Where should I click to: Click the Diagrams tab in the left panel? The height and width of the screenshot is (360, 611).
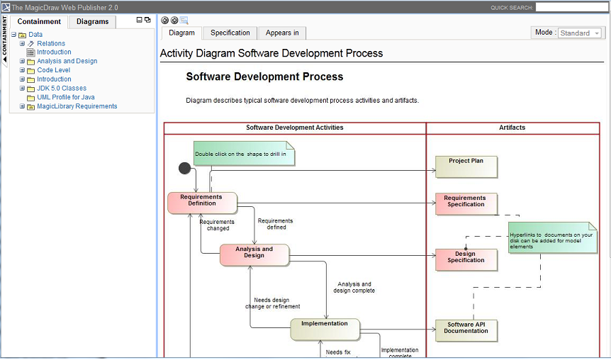click(93, 21)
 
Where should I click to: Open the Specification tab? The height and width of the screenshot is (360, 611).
click(230, 33)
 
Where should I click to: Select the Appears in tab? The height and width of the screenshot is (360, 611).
click(282, 33)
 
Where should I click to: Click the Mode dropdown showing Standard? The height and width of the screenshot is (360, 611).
click(580, 33)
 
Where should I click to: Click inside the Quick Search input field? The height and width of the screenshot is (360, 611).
click(571, 7)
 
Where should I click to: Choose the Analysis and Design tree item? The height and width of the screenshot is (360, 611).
click(67, 61)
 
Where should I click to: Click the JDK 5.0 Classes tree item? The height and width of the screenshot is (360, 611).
click(62, 89)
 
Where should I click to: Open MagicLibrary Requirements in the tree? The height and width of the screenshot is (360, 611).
click(77, 106)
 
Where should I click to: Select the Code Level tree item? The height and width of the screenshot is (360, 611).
click(54, 70)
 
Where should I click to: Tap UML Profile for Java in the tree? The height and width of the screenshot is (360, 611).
click(66, 97)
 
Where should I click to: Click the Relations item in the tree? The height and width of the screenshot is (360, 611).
click(51, 43)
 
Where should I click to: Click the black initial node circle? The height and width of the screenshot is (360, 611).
click(185, 168)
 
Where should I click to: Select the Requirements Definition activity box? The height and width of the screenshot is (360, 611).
click(201, 203)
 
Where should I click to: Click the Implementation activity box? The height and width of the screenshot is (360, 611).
click(325, 329)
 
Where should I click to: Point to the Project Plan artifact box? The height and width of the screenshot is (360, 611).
click(466, 167)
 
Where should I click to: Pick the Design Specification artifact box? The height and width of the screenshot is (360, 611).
click(466, 259)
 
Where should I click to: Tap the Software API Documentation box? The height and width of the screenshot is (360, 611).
click(466, 330)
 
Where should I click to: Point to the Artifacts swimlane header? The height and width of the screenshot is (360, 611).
click(512, 128)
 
